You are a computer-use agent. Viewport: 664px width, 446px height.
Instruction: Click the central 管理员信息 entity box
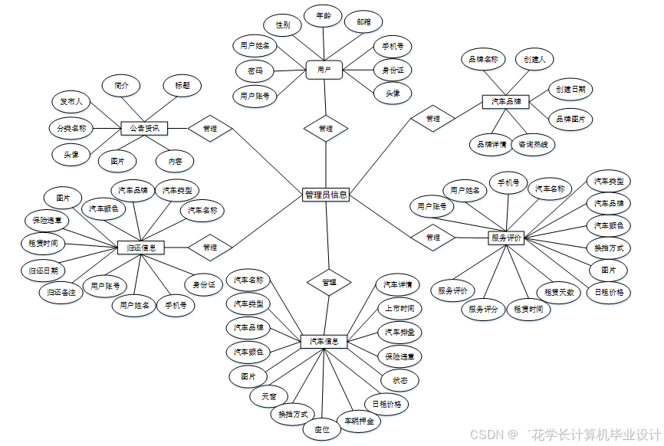coord(326,195)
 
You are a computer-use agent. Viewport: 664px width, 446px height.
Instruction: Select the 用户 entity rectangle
coord(324,70)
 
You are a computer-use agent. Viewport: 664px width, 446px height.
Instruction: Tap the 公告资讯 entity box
coord(144,129)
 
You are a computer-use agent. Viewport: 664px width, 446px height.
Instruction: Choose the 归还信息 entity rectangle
coord(142,248)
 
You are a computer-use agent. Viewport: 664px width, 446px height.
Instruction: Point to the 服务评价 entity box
coord(506,238)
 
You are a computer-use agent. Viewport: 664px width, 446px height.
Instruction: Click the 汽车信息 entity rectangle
coord(324,341)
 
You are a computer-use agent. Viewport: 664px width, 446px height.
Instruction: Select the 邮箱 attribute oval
coord(363,23)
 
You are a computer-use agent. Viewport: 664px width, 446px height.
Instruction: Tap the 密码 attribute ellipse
coord(255,71)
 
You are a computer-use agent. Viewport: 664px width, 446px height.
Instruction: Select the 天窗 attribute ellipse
coord(269,396)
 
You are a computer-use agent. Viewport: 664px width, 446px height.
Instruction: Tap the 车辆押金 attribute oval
coord(359,421)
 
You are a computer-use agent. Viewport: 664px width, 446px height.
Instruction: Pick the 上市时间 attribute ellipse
coord(399,309)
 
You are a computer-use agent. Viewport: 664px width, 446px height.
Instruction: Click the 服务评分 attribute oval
coord(483,310)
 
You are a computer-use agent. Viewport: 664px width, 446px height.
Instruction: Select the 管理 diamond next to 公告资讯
coord(210,129)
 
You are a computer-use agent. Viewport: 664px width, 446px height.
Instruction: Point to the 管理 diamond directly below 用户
coord(325,128)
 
